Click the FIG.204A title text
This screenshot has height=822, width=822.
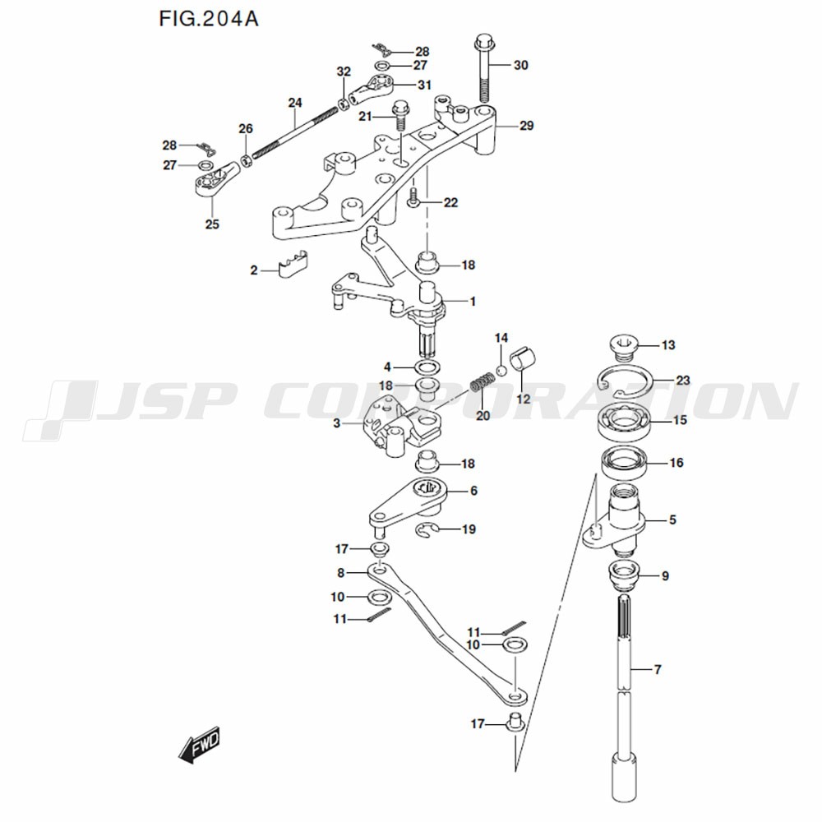[209, 19]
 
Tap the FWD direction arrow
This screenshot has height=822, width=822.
[200, 745]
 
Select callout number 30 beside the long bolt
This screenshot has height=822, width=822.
[520, 66]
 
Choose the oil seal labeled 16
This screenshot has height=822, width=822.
[626, 461]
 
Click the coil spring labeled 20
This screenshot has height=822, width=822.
[482, 381]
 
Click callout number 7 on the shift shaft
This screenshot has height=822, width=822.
[658, 669]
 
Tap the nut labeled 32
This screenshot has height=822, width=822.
[344, 104]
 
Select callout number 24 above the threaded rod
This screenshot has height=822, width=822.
[295, 103]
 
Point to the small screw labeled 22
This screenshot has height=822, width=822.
[413, 198]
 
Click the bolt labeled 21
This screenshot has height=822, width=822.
[400, 115]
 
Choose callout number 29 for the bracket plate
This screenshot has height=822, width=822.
[526, 126]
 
